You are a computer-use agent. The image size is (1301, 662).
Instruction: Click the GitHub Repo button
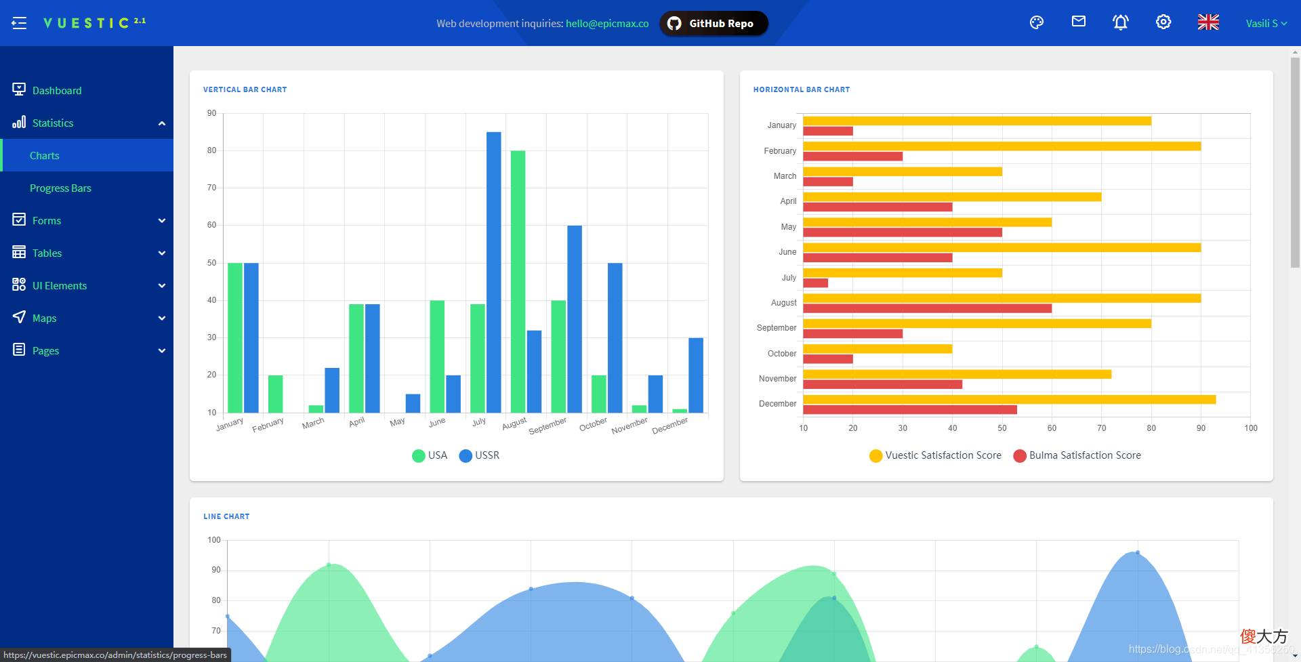pyautogui.click(x=714, y=24)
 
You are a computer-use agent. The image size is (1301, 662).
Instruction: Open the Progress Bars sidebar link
pyautogui.click(x=60, y=188)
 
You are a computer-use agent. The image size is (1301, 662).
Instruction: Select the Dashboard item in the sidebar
pyautogui.click(x=57, y=91)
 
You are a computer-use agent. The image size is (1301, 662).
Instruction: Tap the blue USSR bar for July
pyautogui.click(x=494, y=272)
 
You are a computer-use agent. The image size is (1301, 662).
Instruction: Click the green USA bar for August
pyautogui.click(x=518, y=282)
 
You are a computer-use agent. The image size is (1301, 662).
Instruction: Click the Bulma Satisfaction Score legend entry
pyautogui.click(x=1077, y=455)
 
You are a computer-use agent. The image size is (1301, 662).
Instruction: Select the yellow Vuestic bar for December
pyautogui.click(x=1010, y=400)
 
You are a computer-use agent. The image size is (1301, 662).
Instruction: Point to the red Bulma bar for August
pyautogui.click(x=928, y=308)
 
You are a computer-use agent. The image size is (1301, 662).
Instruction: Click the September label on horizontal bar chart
pyautogui.click(x=777, y=328)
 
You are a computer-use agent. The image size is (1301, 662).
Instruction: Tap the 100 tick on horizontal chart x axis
pyautogui.click(x=1251, y=428)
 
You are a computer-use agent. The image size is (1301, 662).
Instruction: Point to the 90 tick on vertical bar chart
pyautogui.click(x=212, y=113)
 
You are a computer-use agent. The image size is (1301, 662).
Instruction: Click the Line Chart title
pyautogui.click(x=226, y=516)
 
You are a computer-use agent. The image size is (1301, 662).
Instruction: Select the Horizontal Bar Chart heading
pyautogui.click(x=802, y=89)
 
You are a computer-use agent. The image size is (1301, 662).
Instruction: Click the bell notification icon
pyautogui.click(x=1121, y=22)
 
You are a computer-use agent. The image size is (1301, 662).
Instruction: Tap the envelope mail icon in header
pyautogui.click(x=1079, y=22)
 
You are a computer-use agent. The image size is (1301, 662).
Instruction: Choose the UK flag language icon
pyautogui.click(x=1208, y=22)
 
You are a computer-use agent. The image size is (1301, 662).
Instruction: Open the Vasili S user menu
pyautogui.click(x=1266, y=23)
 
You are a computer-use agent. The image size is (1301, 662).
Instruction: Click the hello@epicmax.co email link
pyautogui.click(x=607, y=24)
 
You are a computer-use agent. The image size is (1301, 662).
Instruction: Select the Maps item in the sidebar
pyautogui.click(x=44, y=318)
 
